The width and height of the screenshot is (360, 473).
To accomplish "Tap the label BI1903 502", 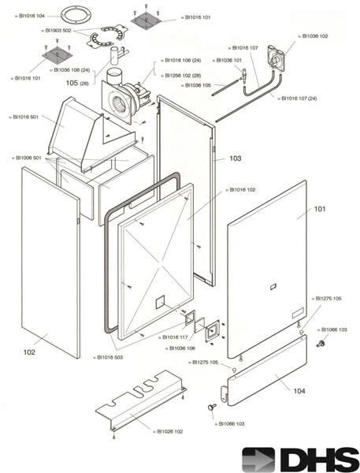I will [58, 31].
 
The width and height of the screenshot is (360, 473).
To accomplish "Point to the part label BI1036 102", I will [314, 36].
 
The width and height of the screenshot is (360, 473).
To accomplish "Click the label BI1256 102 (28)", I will [183, 76].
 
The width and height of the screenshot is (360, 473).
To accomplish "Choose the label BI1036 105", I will [196, 84].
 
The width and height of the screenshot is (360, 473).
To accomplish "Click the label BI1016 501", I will [28, 116].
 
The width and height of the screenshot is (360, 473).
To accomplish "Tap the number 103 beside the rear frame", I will [235, 158].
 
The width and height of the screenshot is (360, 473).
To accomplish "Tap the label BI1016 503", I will [109, 358].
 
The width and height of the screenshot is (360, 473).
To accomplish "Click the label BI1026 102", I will [170, 431].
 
